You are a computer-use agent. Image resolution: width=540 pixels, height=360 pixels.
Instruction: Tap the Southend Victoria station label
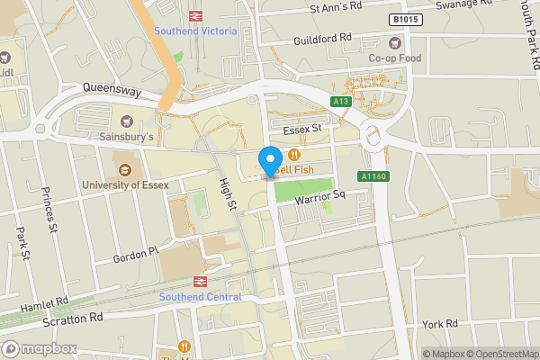(195, 31)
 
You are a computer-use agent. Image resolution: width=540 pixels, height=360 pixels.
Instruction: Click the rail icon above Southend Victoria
(195, 15)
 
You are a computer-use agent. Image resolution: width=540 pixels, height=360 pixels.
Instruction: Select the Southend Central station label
(201, 297)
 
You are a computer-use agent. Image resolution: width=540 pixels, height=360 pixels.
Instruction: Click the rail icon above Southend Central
(200, 281)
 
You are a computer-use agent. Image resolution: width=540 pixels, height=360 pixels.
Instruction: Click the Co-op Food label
(393, 58)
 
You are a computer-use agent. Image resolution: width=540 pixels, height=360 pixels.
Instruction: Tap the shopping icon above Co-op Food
(393, 42)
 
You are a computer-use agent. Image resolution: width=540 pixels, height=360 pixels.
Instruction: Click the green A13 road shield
(340, 102)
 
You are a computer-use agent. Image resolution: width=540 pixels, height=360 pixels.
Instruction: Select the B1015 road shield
(405, 19)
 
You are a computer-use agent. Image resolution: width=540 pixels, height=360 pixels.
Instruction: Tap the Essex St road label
(301, 130)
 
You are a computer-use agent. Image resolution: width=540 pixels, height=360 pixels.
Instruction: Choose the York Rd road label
(440, 323)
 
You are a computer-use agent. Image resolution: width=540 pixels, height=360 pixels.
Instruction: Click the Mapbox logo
(39, 347)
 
